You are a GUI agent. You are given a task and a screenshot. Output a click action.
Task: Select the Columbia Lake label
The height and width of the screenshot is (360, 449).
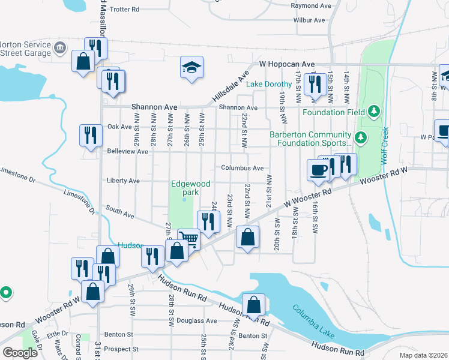tap(312, 319)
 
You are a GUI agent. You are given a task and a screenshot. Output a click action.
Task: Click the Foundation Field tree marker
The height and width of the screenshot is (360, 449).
tap(373, 112)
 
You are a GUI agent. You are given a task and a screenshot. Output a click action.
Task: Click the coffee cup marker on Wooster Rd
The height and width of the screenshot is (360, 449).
tap(318, 169)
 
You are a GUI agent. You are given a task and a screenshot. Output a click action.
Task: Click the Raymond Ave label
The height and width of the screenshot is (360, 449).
tap(311, 5)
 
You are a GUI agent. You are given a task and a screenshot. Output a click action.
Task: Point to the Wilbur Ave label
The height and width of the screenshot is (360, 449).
tap(309, 20)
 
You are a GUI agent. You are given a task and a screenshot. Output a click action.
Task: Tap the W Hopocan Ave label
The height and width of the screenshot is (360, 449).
tap(287, 64)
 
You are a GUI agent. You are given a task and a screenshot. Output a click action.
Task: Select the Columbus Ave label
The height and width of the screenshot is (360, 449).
tap(242, 168)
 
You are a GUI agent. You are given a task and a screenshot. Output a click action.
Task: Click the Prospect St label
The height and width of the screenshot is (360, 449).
tap(122, 349)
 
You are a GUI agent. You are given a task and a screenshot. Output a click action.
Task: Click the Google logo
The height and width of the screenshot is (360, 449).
tap(20, 353)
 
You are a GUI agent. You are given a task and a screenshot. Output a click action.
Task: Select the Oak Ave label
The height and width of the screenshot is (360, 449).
tap(119, 127)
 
